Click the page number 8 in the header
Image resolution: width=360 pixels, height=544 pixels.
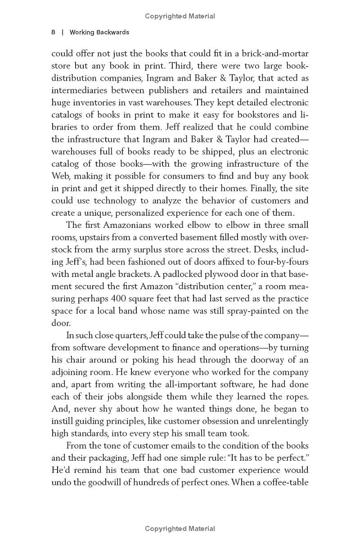54,32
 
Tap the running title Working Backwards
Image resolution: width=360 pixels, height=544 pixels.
99,32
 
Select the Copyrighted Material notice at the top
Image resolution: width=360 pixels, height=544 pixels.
180,16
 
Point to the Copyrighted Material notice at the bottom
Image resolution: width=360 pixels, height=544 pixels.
180,529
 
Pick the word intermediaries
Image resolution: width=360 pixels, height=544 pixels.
81,90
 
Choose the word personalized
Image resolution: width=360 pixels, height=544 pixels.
149,213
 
